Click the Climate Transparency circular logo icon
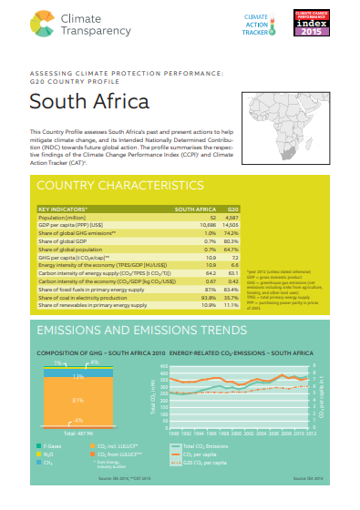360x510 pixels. coord(42,19)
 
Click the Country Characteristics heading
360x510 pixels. coord(108,185)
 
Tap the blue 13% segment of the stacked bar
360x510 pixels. coord(78,375)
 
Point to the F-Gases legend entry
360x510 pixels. coord(48,446)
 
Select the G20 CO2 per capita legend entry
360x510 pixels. coord(205,462)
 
